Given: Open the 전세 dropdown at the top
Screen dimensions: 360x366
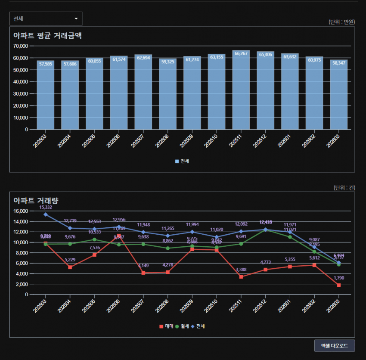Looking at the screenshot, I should tap(46, 19).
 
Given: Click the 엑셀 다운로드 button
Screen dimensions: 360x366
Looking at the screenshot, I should tap(334, 345).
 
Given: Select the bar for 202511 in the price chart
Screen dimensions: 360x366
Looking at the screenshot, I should tap(241, 90).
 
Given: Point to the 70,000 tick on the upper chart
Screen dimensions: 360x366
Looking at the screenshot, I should tap(21, 46).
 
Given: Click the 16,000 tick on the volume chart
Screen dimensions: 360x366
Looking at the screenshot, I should tap(21, 211).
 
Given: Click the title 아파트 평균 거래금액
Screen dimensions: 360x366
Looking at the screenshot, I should tap(48, 36).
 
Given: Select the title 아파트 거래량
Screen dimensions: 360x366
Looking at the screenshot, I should tap(36, 200).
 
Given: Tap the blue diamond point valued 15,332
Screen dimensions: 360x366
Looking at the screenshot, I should tap(46, 214).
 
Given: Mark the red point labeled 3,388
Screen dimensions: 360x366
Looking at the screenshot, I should tap(241, 277).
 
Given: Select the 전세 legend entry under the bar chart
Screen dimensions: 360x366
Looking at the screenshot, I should tap(183, 161).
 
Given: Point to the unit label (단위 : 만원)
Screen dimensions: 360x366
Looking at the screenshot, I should tap(341, 22).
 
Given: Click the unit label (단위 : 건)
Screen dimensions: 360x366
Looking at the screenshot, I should tap(344, 188).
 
